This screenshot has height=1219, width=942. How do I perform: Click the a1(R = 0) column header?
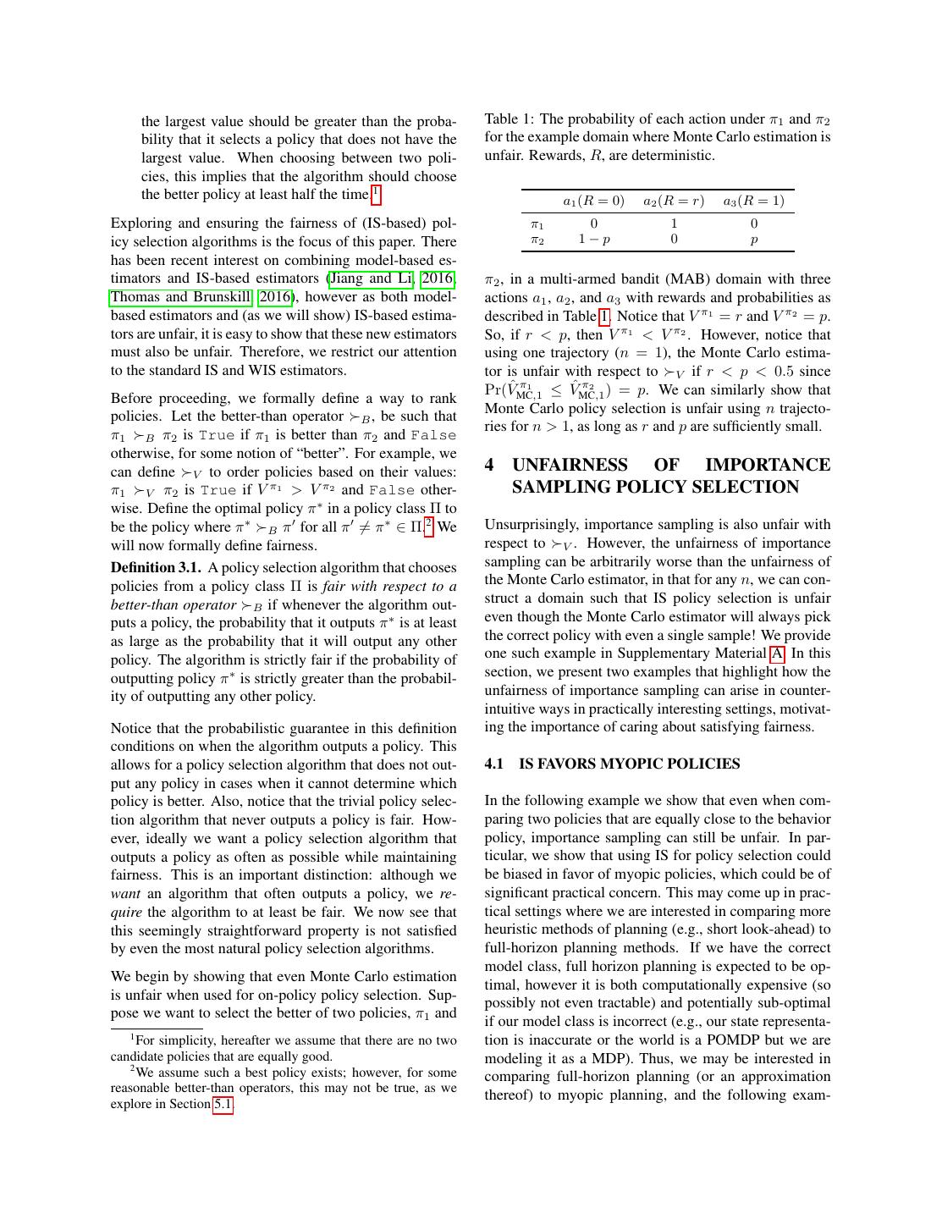pos(593,201)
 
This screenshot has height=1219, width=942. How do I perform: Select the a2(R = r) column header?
pos(673,201)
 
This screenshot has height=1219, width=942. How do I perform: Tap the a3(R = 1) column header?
pos(753,201)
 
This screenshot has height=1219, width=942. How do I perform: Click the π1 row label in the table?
pos(537,224)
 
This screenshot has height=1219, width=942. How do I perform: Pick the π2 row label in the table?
pos(537,240)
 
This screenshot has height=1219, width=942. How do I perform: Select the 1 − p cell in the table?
pos(593,240)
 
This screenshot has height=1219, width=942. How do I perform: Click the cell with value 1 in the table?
pos(674,223)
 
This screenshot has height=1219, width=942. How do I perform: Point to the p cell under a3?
pos(753,240)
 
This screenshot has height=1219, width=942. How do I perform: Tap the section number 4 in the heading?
pos(490,466)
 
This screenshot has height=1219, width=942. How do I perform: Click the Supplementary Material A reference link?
pos(776,654)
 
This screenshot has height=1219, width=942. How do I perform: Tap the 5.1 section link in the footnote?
pos(223,1105)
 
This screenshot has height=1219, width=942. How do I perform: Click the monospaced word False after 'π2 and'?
pos(433,435)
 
